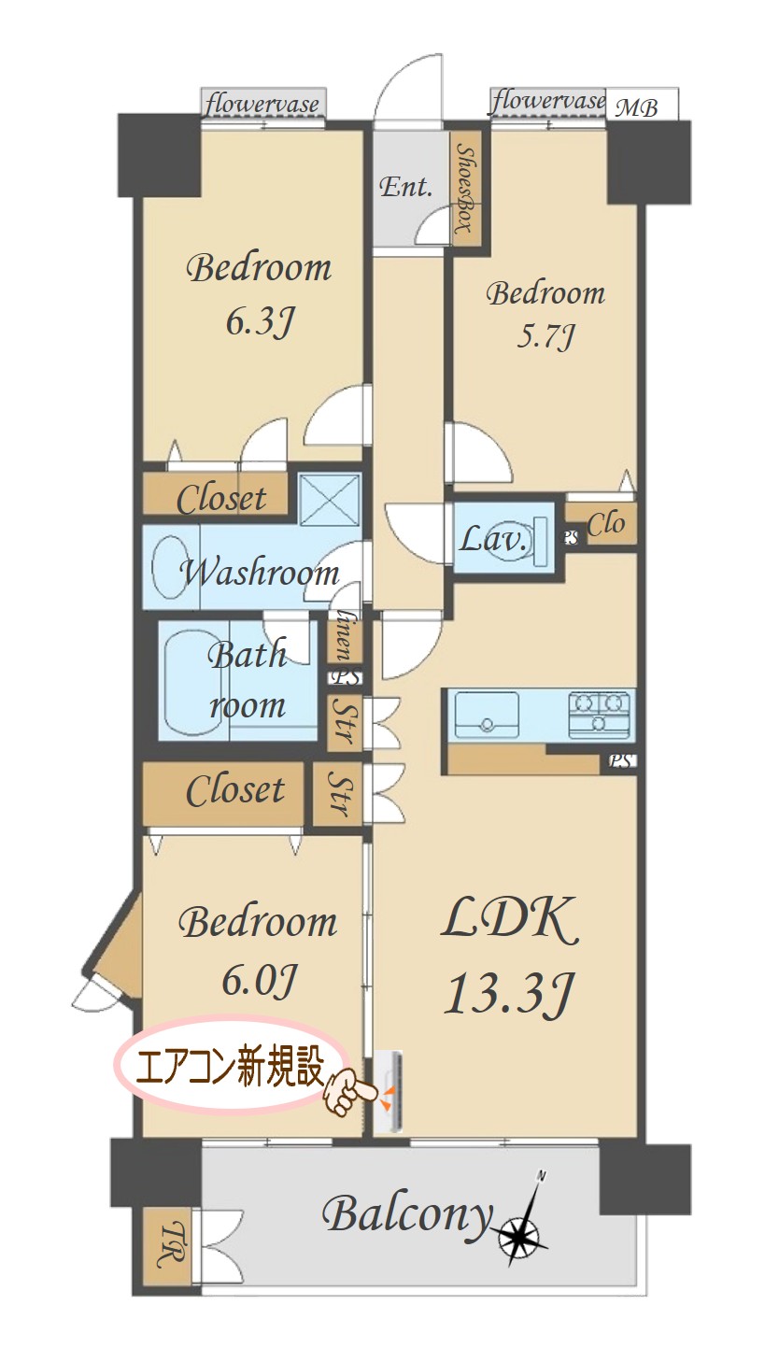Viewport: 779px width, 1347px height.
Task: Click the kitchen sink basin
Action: (487, 715)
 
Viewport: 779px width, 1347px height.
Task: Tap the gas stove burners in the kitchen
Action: (600, 715)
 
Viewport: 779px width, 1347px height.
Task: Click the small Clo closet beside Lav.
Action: (601, 524)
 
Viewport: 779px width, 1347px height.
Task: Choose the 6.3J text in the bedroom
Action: (260, 321)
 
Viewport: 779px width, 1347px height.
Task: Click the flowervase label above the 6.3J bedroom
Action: (262, 104)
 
